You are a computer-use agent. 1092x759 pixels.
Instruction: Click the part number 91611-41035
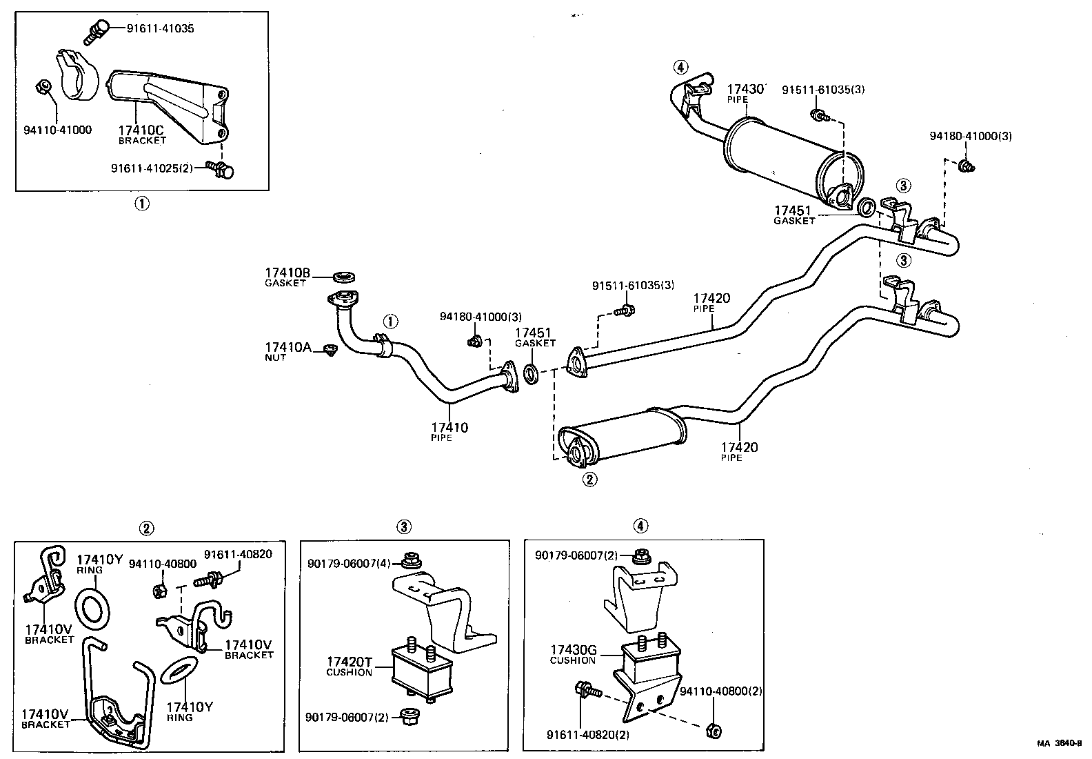click(x=160, y=28)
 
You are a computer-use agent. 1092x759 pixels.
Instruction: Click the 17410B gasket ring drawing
click(x=345, y=277)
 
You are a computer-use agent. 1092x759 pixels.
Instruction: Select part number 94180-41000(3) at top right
click(x=970, y=137)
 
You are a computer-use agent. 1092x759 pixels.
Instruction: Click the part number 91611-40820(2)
click(x=588, y=735)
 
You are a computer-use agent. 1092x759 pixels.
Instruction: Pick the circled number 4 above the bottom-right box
click(x=640, y=526)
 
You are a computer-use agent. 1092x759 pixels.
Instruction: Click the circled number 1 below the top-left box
click(x=141, y=204)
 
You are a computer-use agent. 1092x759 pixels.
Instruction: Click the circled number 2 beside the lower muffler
click(x=589, y=479)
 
